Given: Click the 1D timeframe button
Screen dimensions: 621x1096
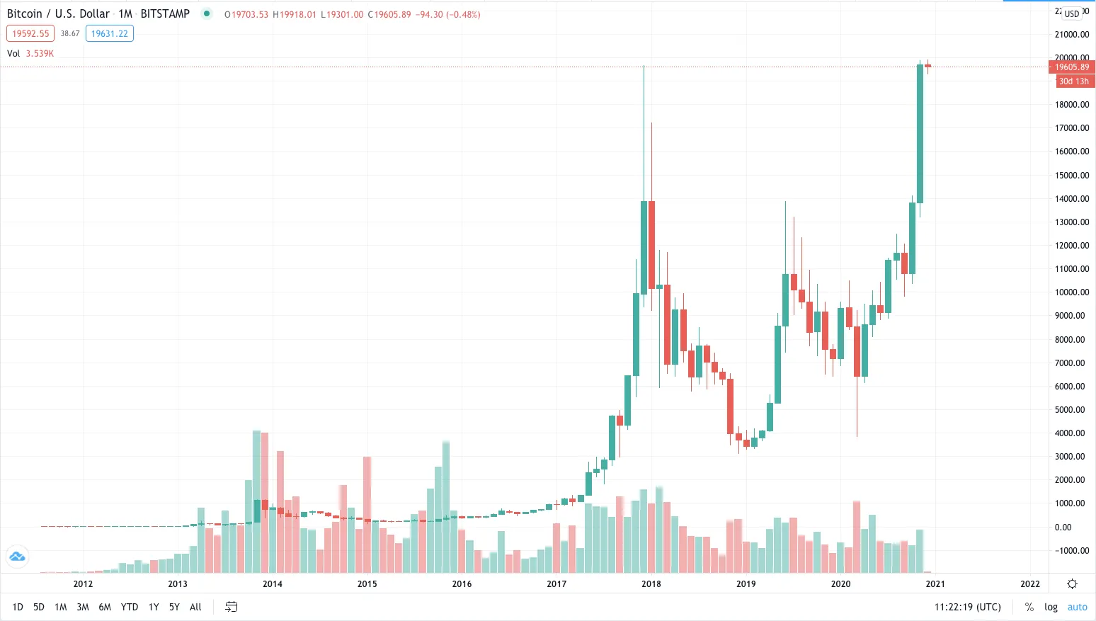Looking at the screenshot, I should point(18,607).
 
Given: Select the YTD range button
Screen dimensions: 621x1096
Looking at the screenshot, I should point(130,607).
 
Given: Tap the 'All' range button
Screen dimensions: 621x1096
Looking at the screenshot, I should point(195,607).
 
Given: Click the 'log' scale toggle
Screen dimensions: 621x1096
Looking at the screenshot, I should point(1051,607).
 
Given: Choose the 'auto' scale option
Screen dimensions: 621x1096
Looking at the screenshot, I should point(1077,607).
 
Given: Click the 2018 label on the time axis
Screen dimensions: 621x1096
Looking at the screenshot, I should point(651,583).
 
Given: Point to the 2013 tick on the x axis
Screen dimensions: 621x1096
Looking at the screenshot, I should point(178,583).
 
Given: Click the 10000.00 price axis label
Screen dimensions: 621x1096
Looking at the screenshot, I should point(1072,292).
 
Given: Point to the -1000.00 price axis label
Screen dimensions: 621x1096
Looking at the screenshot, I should point(1072,550).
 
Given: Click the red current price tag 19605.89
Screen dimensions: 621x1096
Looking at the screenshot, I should point(1072,67).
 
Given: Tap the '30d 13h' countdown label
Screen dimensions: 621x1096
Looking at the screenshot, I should point(1073,81).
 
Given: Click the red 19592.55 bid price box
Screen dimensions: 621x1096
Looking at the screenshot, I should point(30,33).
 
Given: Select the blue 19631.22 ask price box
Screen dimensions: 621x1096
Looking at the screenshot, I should point(110,33).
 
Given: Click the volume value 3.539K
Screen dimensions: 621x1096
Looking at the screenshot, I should point(40,53).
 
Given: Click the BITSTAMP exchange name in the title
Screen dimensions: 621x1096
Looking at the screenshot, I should point(165,13).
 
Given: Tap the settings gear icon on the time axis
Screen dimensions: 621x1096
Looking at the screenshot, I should point(1072,583).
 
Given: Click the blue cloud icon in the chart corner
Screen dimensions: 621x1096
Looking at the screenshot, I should point(17,557).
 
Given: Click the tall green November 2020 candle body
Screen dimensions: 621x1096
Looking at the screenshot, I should point(920,135).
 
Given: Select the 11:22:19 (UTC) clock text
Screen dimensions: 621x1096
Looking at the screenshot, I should point(967,607).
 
